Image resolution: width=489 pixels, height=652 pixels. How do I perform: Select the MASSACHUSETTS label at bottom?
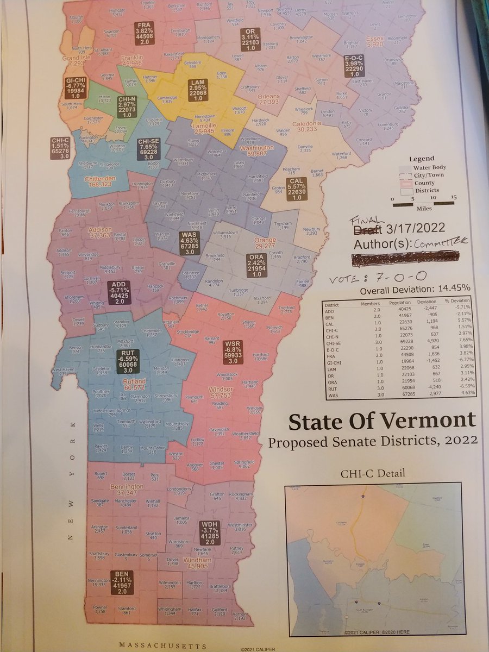click(162, 646)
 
